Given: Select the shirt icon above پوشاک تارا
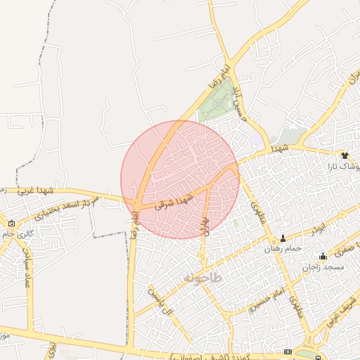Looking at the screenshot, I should click(x=345, y=155).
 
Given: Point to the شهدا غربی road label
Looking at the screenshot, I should click(x=36, y=190).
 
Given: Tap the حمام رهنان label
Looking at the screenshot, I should click(x=283, y=249).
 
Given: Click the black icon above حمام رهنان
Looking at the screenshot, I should click(x=283, y=238).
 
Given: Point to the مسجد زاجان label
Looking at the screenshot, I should click(x=323, y=267).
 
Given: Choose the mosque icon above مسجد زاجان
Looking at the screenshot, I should click(x=323, y=256).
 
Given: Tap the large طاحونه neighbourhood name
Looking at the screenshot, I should click(x=202, y=278).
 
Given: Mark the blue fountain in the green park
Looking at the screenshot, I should click(x=219, y=104).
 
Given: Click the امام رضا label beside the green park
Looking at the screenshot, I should click(x=225, y=73).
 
